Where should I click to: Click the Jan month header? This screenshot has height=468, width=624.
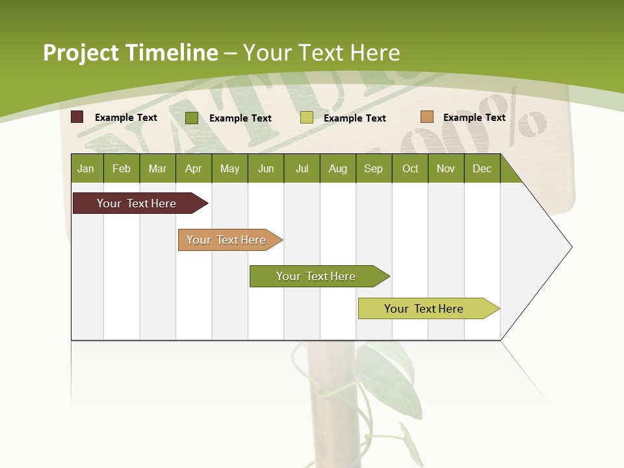86,168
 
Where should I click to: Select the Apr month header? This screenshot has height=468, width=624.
193,168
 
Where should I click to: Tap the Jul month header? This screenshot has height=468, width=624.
302,168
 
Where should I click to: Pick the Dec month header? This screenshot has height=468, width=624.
482,168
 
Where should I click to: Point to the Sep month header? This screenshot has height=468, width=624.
373,168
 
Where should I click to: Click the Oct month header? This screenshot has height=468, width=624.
410,168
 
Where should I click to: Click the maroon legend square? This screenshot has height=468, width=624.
77,117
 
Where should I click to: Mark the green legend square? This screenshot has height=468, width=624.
191,118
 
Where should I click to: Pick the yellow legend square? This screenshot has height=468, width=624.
307,118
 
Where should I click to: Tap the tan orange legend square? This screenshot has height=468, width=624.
426,117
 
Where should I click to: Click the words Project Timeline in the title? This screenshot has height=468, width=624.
130,53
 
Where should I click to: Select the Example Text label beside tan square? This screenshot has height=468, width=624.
474,117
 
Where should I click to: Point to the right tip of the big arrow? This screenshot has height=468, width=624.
570,247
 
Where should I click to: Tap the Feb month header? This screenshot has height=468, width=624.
122,168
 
